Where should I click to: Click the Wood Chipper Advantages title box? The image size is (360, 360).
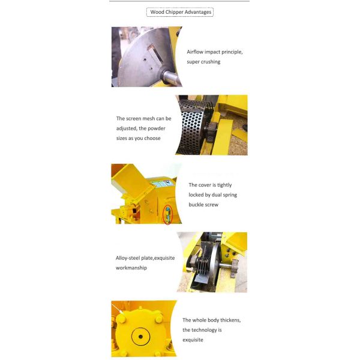[180, 12]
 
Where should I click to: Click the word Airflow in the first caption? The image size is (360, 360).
[195, 52]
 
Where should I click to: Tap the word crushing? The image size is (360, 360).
[211, 62]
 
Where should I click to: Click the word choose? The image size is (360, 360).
[152, 138]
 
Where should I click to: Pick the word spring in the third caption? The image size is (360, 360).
[230, 195]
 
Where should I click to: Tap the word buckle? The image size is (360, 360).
[196, 205]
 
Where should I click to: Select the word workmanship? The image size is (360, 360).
[131, 268]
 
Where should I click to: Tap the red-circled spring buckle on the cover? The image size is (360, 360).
[168, 215]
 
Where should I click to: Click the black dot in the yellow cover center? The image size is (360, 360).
[140, 337]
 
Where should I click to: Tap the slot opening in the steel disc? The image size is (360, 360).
[155, 55]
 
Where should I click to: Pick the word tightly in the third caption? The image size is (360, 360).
[224, 185]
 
